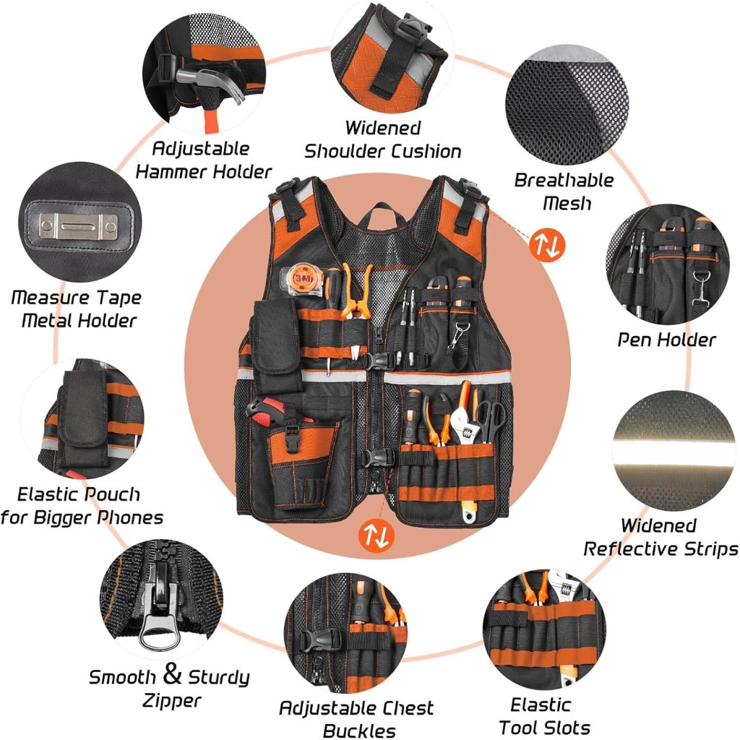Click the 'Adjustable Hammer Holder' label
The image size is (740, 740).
point(204,160)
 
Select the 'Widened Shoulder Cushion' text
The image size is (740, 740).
point(382,139)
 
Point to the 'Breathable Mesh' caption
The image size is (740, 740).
point(564,191)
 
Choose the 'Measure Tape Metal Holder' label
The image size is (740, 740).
point(77,309)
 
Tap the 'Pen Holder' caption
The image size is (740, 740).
point(666,339)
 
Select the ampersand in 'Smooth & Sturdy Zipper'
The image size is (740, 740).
point(172,675)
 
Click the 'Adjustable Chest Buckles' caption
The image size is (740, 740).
point(356,718)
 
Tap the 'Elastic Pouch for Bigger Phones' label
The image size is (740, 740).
point(82,506)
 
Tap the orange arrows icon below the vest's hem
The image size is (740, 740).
point(377,535)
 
